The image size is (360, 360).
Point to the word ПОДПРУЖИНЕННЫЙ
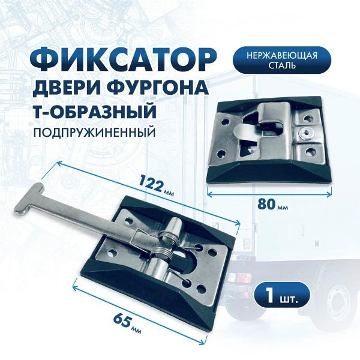(94, 133)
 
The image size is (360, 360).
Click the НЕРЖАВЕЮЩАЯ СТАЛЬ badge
(282, 60)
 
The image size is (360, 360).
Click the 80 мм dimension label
(272, 204)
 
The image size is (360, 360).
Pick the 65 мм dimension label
(127, 323)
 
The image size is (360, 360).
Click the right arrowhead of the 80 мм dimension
(329, 194)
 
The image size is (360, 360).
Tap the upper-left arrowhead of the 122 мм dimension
(59, 163)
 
